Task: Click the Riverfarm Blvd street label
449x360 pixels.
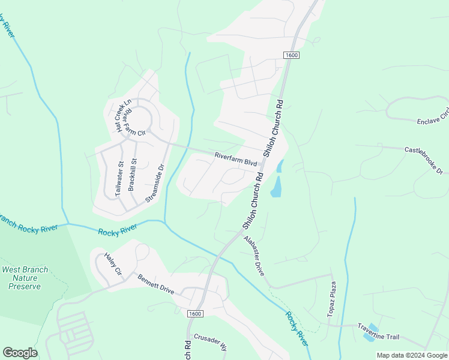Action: pyautogui.click(x=236, y=160)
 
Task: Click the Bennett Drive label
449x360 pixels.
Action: pyautogui.click(x=155, y=284)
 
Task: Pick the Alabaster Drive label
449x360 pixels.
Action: pyautogui.click(x=255, y=255)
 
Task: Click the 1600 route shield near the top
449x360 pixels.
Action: pyautogui.click(x=291, y=55)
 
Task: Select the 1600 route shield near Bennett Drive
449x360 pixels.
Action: pyautogui.click(x=194, y=314)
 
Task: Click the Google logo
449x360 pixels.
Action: pyautogui.click(x=20, y=353)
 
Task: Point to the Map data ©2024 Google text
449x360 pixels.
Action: pyautogui.click(x=411, y=355)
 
